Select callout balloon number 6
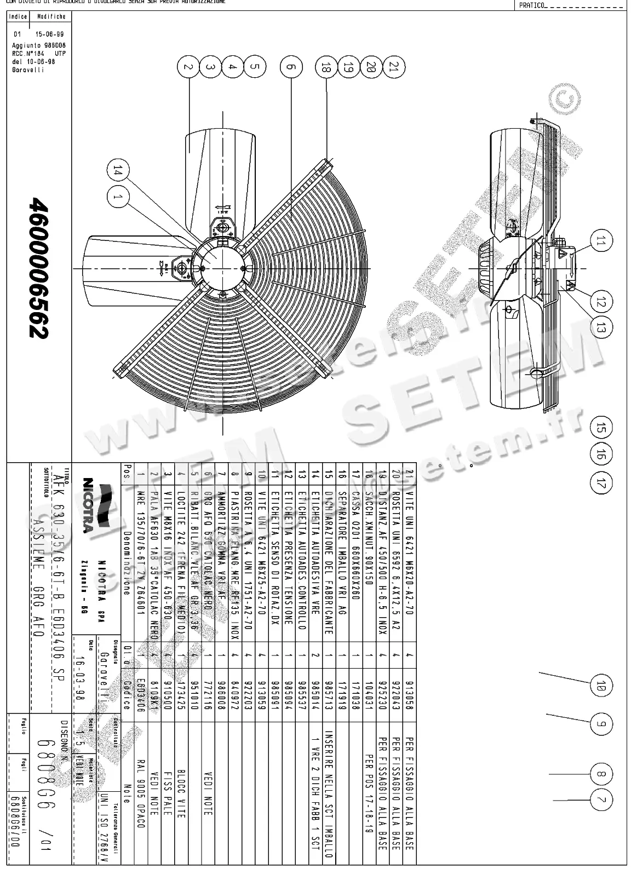pyautogui.click(x=291, y=67)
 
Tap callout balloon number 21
pyautogui.click(x=394, y=67)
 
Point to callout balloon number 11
pyautogui.click(x=601, y=240)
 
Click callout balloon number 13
pyautogui.click(x=601, y=328)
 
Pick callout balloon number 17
pyautogui.click(x=601, y=483)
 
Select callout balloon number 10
pyautogui.click(x=601, y=686)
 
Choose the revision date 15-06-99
pyautogui.click(x=39, y=34)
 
